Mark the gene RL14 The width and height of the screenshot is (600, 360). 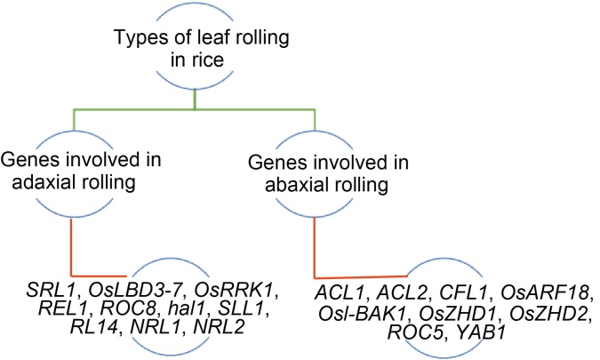93,327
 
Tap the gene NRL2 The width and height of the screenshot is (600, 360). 219,327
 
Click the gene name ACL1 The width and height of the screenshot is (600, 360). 340,294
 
